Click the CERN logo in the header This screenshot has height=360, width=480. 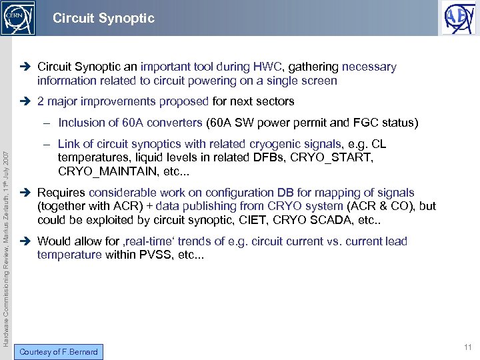(x=16, y=18)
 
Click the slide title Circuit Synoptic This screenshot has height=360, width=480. (x=103, y=18)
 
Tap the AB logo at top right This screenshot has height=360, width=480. (x=459, y=18)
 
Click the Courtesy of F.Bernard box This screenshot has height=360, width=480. (x=59, y=352)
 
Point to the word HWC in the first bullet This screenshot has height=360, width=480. (x=268, y=67)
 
